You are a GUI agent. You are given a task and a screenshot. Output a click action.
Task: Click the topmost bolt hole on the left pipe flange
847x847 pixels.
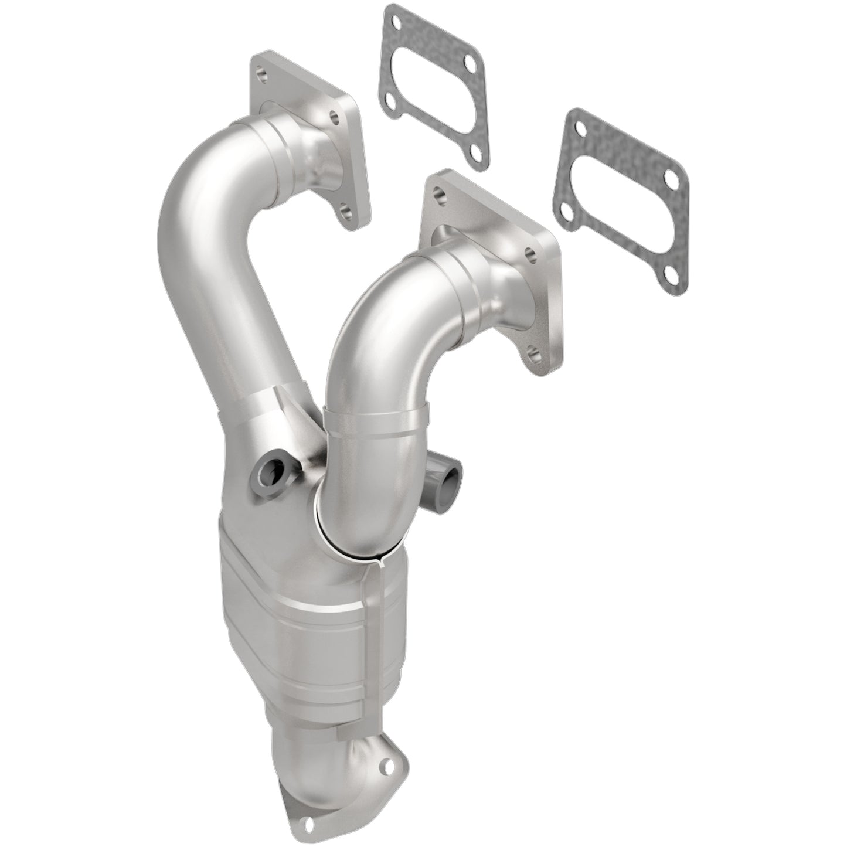[261, 75]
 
